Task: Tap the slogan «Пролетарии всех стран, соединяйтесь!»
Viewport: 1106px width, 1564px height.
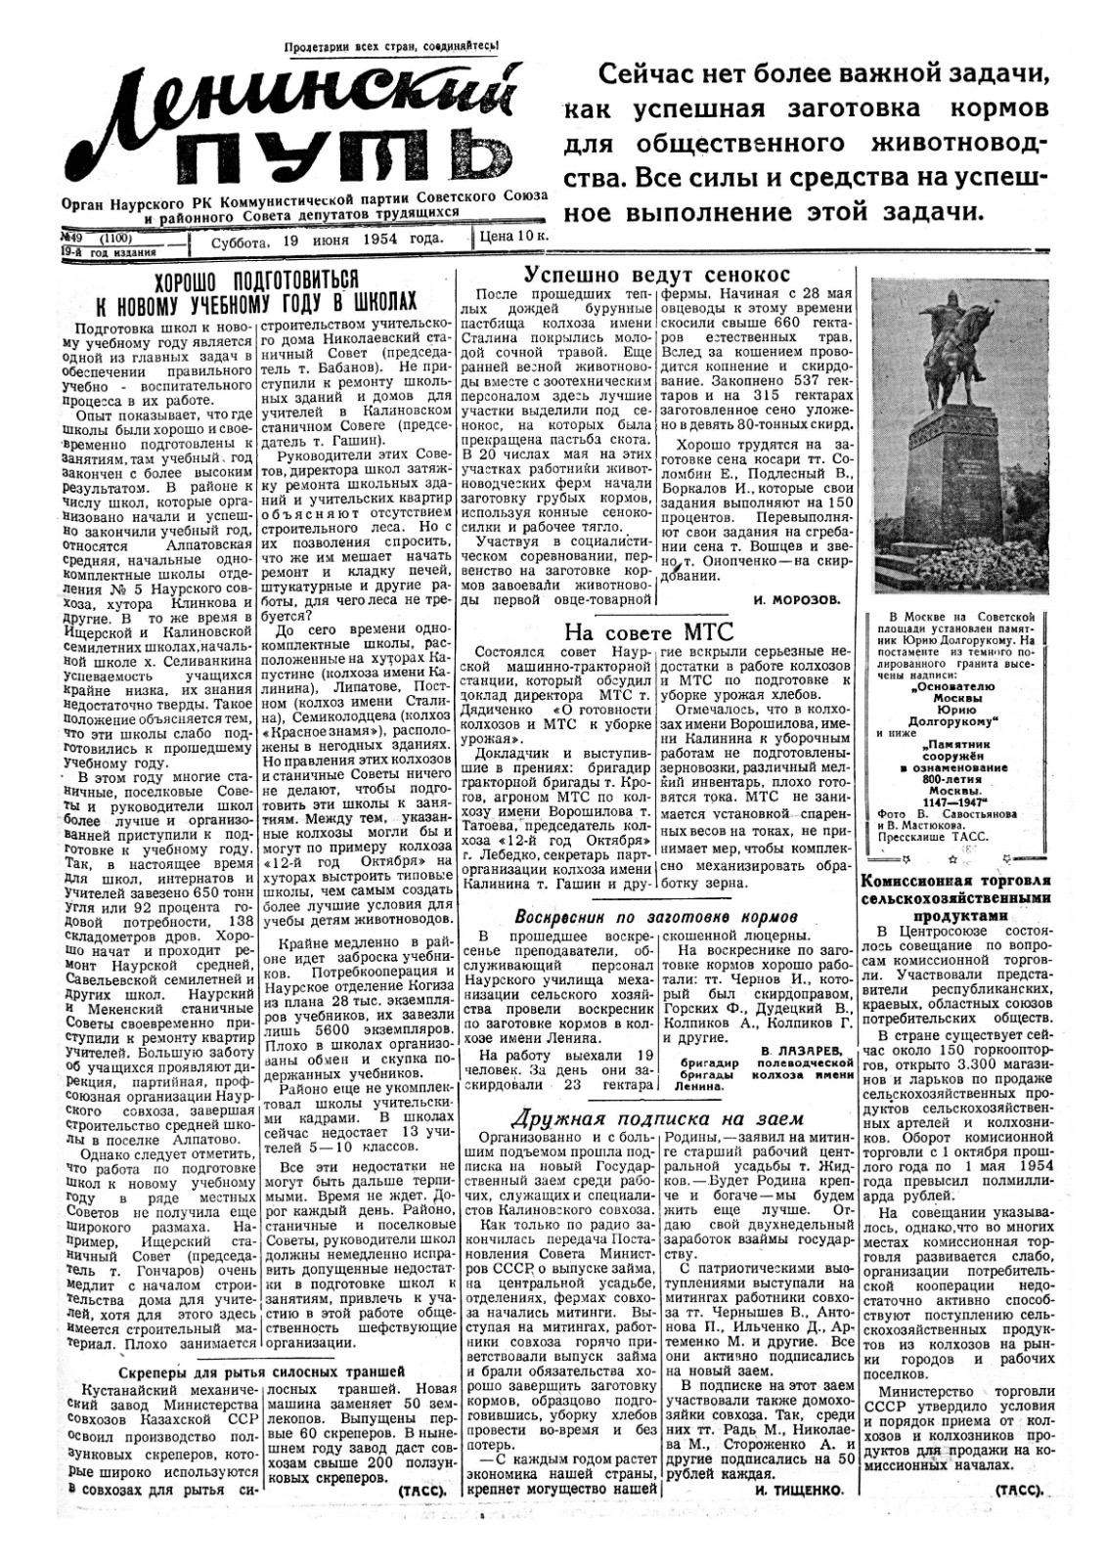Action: (x=391, y=45)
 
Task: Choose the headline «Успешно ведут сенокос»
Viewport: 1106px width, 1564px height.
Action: (x=656, y=275)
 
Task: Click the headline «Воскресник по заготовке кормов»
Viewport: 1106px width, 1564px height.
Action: (x=656, y=916)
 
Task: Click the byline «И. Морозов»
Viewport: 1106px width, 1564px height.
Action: (x=798, y=601)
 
